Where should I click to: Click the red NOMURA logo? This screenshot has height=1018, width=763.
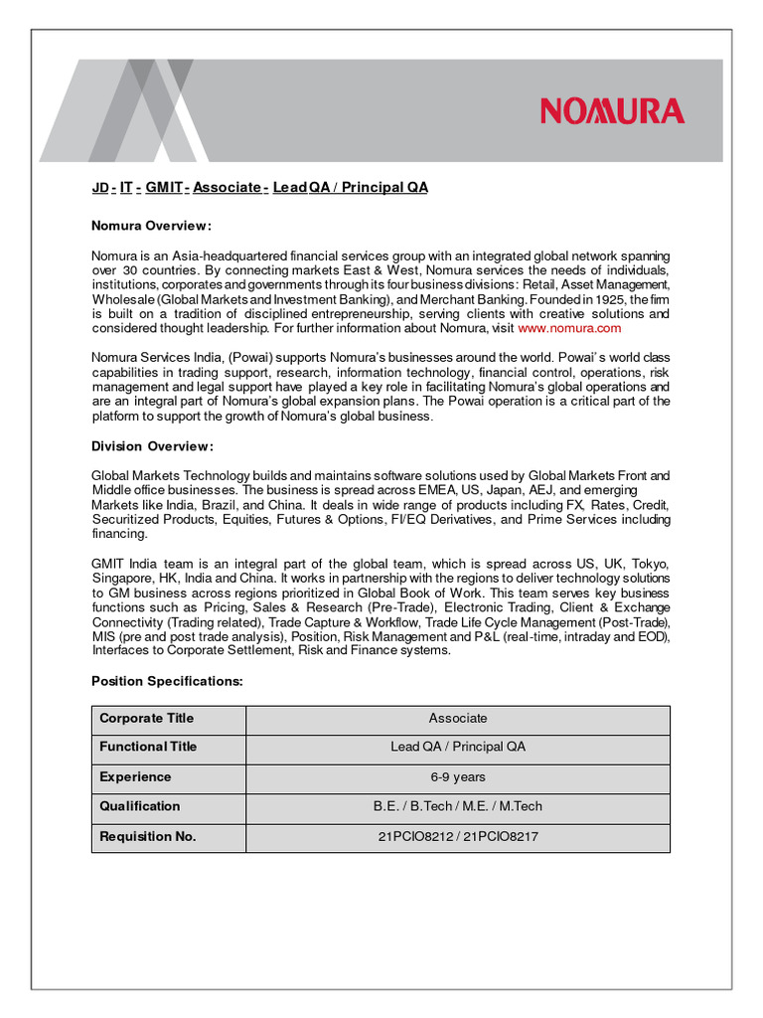coord(612,111)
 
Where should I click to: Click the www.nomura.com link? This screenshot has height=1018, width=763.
coord(569,328)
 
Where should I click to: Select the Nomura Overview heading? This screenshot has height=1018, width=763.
coord(151,226)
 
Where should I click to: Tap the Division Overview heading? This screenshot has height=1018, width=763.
coord(152,445)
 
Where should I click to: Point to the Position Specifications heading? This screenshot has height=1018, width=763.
coord(167,681)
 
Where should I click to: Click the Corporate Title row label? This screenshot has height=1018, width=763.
coord(147,719)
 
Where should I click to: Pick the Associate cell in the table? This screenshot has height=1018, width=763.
coord(458,719)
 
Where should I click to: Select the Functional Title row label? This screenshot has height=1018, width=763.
coord(149,747)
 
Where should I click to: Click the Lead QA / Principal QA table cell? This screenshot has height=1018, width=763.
coord(458,747)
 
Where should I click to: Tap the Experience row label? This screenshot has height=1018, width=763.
coord(135,777)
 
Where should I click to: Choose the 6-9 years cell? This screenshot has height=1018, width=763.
coord(458,777)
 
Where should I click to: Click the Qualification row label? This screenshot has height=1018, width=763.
coord(140,806)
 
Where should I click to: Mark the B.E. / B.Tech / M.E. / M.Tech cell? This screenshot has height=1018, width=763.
coord(458,806)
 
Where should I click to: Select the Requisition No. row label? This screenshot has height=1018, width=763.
coord(148,837)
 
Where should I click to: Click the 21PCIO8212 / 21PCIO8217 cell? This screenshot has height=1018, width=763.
coord(458,837)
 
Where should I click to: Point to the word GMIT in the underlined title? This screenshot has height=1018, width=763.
coord(163,188)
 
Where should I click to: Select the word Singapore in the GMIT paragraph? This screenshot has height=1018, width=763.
coord(120,579)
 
